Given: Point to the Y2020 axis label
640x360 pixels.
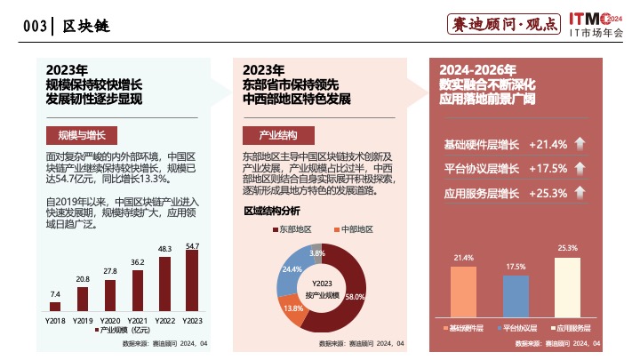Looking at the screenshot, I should coord(110,319).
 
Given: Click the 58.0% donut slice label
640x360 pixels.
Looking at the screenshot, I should coord(355,296).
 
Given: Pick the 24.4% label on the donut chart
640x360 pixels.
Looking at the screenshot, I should coord(292,268).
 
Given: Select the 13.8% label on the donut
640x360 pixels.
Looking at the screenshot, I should coord(294,308).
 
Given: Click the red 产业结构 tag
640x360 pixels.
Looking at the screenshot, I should coord(277,135).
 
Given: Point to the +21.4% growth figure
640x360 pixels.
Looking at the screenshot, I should coord(548,144).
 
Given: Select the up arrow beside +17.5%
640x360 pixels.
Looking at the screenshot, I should coord(580,169).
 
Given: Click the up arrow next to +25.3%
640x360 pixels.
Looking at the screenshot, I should coord(580,193).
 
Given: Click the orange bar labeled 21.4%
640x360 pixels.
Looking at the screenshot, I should coord(463,292).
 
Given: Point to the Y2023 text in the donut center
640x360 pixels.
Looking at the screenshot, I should coord(323,283).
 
